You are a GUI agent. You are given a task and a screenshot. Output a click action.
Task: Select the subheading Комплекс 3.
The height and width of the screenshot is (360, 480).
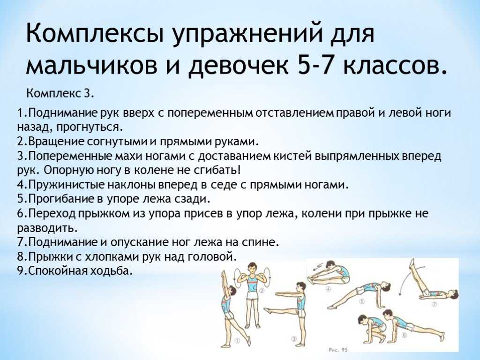coord(60,93)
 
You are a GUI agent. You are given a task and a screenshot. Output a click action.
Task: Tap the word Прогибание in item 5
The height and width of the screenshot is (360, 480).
coord(61,199)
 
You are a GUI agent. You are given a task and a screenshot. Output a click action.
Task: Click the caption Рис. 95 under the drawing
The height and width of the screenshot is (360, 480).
coord(338,350)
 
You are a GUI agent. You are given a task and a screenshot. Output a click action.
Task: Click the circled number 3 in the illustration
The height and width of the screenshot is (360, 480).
coord(294,339)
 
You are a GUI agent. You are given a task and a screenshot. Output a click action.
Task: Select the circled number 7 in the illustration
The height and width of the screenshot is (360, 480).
coord(434,304)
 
